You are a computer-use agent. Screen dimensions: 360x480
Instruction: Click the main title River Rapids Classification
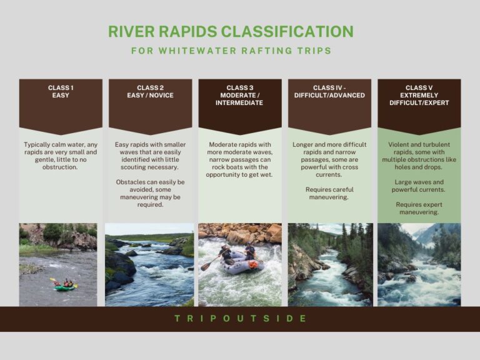click(x=231, y=31)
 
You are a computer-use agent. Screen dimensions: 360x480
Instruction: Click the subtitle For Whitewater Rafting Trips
click(x=231, y=51)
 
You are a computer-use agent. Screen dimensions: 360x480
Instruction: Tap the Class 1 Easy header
click(x=61, y=92)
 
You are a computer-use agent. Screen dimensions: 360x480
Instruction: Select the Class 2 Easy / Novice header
click(x=150, y=92)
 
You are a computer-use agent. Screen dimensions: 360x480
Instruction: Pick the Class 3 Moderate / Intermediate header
click(x=240, y=96)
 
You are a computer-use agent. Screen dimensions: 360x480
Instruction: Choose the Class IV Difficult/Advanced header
click(x=329, y=92)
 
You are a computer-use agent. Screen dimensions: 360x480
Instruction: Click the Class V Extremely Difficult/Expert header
click(x=419, y=96)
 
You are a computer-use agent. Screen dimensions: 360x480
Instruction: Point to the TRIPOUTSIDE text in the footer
click(x=240, y=319)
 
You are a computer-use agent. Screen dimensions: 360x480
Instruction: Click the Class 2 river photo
click(x=150, y=265)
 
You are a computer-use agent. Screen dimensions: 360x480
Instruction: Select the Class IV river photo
click(x=329, y=265)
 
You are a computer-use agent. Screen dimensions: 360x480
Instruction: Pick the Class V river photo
click(x=419, y=265)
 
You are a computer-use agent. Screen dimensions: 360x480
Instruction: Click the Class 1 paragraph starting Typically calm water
click(x=61, y=156)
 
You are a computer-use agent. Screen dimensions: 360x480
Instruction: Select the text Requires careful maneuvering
click(x=329, y=193)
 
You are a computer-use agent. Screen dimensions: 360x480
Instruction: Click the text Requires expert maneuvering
click(x=419, y=208)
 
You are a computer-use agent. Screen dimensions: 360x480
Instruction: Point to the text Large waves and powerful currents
click(x=419, y=186)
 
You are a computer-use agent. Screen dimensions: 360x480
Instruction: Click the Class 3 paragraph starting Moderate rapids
click(x=240, y=159)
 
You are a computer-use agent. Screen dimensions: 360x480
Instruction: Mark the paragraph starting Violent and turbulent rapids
click(x=419, y=156)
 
